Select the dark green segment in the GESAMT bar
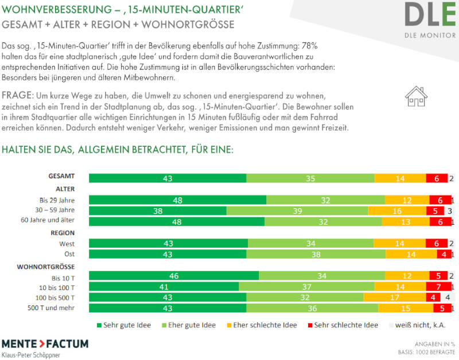pyautogui.click(x=167, y=178)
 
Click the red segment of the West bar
pyautogui.click(x=437, y=243)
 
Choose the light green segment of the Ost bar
pyautogui.click(x=316, y=254)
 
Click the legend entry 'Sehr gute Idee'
pyautogui.click(x=123, y=325)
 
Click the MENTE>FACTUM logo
pyautogui.click(x=45, y=344)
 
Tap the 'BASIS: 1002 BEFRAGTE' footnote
pyautogui.click(x=428, y=351)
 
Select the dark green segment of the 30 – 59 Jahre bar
pyautogui.click(x=158, y=211)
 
